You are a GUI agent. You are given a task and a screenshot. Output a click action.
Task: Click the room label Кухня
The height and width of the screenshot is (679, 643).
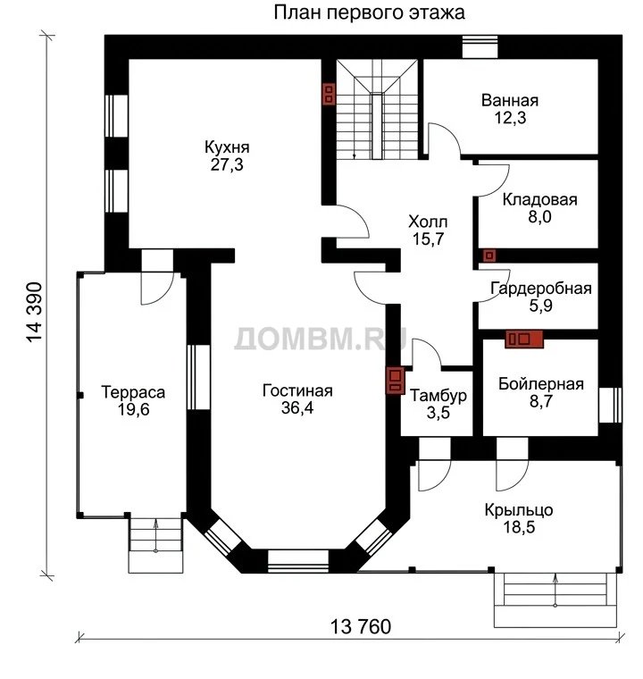point(227,147)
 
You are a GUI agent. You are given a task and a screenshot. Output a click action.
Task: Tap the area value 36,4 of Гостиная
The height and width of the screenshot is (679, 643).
point(297,408)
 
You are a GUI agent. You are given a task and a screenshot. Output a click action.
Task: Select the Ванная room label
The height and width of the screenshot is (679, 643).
point(510,100)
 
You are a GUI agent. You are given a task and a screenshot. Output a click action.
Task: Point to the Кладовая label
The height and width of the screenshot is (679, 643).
point(540,199)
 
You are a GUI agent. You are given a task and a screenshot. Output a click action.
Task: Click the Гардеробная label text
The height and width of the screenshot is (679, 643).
point(541,289)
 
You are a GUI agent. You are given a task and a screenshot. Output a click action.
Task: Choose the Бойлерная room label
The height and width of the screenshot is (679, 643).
point(541,384)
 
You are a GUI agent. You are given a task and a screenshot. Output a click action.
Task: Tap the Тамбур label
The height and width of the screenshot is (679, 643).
point(438,396)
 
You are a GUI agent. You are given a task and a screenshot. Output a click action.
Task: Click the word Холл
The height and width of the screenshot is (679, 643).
point(428,222)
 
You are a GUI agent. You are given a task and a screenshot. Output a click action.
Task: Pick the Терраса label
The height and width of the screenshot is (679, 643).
point(133,392)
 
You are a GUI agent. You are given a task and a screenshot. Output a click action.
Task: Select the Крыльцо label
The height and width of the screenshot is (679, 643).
point(519,510)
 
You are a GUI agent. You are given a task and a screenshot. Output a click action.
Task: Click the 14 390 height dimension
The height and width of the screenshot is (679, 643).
point(35,312)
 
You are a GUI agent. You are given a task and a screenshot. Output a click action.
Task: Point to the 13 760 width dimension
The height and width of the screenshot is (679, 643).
point(361,626)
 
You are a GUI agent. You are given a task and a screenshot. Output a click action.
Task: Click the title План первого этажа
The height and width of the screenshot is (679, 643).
point(370,13)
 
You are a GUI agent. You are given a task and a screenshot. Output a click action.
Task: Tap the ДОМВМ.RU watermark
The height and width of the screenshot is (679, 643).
point(321,339)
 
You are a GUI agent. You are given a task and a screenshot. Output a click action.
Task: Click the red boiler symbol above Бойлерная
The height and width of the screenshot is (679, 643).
point(524,339)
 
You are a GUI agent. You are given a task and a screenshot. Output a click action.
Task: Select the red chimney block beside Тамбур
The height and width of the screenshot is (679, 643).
point(395,381)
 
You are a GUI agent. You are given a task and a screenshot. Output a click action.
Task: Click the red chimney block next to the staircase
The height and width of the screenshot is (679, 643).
point(329,94)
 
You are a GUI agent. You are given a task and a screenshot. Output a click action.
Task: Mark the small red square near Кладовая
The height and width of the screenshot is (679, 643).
point(489,256)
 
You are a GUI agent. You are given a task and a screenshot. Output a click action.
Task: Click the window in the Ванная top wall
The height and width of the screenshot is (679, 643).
point(480,46)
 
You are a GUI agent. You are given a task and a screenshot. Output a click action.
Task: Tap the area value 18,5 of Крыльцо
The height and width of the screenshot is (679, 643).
point(519,527)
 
